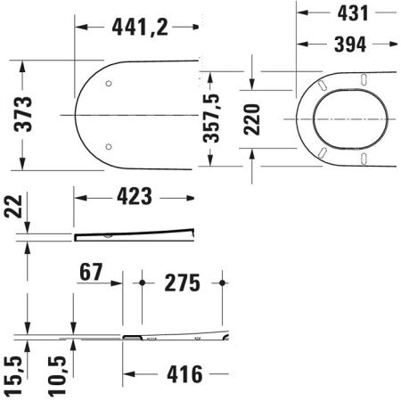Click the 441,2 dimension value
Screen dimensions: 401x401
click(140, 28)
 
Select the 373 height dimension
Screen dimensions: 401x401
click(23, 114)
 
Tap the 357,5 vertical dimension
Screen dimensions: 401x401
click(211, 119)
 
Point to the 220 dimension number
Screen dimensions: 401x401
click(252, 119)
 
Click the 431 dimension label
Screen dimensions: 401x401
click(353, 13)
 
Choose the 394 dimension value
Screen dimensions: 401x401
click(350, 45)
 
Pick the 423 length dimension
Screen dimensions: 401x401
click(135, 196)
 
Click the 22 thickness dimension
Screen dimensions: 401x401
click(13, 207)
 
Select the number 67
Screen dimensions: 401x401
click(91, 272)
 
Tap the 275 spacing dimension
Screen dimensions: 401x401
click(183, 282)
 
